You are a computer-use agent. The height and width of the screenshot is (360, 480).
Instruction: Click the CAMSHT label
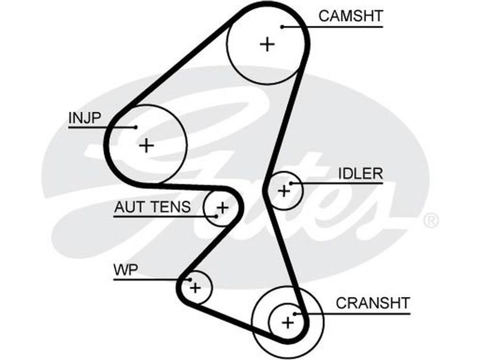[350, 16]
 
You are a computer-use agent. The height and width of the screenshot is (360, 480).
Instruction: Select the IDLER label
[360, 173]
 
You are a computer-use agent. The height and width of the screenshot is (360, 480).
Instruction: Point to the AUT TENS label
[152, 208]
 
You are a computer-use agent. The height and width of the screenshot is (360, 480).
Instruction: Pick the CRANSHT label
[373, 302]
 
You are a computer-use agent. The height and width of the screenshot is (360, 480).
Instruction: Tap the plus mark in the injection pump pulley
[146, 145]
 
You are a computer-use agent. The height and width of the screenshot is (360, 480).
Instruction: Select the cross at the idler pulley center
[284, 191]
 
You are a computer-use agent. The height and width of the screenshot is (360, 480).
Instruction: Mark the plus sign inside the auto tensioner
[223, 208]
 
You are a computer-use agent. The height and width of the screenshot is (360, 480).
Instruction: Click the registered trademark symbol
[431, 220]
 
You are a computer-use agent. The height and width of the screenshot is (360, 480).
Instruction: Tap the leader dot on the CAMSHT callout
[282, 26]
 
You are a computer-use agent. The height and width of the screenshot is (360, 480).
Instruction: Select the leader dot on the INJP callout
[136, 127]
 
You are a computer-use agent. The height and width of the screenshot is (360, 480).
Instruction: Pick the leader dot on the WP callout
[189, 279]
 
